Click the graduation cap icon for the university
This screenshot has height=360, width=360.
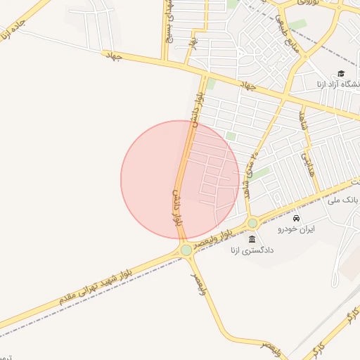tap(341, 73)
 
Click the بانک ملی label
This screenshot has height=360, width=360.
tap(344, 200)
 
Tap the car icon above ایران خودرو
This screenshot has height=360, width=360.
tap(296, 218)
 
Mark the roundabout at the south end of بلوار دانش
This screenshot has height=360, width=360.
tap(186, 250)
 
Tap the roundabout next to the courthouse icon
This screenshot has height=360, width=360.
tap(252, 224)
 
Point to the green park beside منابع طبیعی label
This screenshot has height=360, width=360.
tap(298, 25)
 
